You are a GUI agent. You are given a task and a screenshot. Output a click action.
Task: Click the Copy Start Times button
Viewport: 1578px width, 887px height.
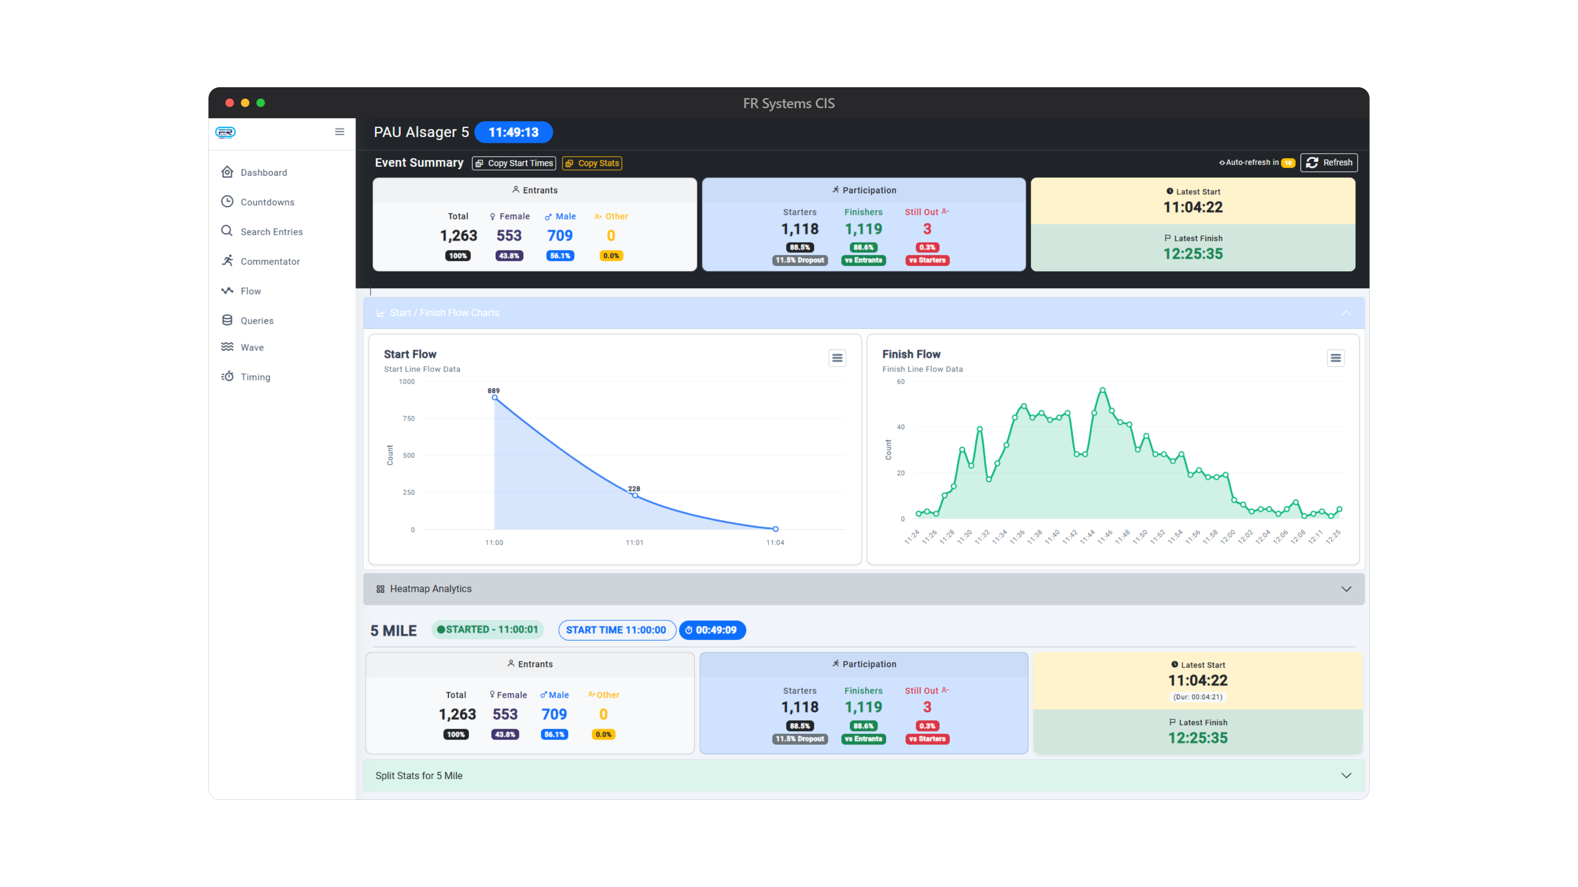tap(514, 163)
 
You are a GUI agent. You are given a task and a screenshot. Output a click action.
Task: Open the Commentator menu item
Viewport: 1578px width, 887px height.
tap(270, 262)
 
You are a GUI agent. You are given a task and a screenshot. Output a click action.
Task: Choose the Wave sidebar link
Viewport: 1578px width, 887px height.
tap(252, 347)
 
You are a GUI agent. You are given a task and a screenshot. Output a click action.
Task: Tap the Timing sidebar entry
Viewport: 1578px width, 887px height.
tap(255, 377)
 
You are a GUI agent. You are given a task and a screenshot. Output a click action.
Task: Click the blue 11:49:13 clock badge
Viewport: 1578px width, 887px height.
tap(513, 132)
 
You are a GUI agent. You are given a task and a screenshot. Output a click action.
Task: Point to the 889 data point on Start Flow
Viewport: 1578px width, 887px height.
tap(495, 398)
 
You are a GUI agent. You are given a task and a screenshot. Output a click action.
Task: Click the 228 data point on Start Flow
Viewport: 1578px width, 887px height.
tap(635, 495)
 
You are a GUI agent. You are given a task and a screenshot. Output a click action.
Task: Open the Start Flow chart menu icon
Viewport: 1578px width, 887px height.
tap(837, 358)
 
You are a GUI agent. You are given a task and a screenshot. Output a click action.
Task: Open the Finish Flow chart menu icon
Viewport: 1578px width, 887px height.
tap(1336, 358)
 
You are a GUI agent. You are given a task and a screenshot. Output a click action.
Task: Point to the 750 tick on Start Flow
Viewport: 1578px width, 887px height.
tap(409, 419)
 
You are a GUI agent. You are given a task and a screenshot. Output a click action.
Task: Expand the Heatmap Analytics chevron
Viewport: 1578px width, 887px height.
tap(1346, 589)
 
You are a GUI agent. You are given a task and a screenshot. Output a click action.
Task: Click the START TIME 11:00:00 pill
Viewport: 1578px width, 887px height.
tap(616, 630)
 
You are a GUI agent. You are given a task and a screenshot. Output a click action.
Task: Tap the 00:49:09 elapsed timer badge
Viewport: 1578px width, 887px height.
tap(712, 630)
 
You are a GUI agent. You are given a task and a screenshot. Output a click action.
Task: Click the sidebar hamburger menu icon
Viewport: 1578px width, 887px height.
tap(339, 131)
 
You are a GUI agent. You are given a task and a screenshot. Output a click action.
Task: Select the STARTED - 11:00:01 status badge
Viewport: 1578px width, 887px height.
tap(487, 629)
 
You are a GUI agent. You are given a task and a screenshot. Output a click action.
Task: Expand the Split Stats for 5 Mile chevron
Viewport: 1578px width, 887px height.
tap(1346, 776)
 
